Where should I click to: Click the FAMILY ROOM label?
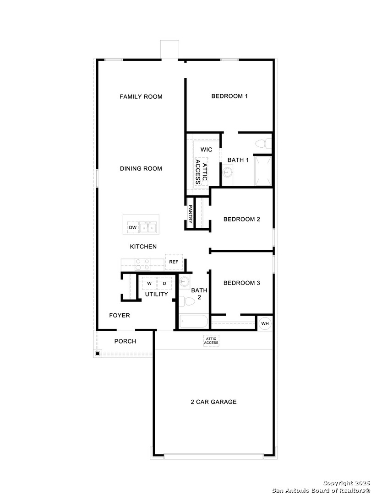click(x=141, y=97)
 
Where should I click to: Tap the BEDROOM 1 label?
click(x=229, y=96)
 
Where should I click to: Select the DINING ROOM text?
click(x=141, y=168)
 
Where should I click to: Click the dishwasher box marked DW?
click(x=133, y=227)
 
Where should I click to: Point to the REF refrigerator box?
click(x=174, y=262)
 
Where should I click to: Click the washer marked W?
click(x=149, y=284)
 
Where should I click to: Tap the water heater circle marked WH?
click(x=265, y=324)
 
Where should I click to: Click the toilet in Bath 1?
click(x=262, y=144)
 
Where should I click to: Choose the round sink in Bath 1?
click(x=228, y=172)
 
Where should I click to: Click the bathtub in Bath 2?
click(x=194, y=322)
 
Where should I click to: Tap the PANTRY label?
click(x=191, y=213)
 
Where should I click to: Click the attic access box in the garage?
click(x=211, y=341)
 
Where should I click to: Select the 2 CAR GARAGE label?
click(x=213, y=402)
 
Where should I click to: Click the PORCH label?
click(x=125, y=341)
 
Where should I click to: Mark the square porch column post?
click(x=98, y=354)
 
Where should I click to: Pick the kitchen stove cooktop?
click(x=142, y=264)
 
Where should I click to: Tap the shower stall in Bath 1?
click(x=263, y=171)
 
